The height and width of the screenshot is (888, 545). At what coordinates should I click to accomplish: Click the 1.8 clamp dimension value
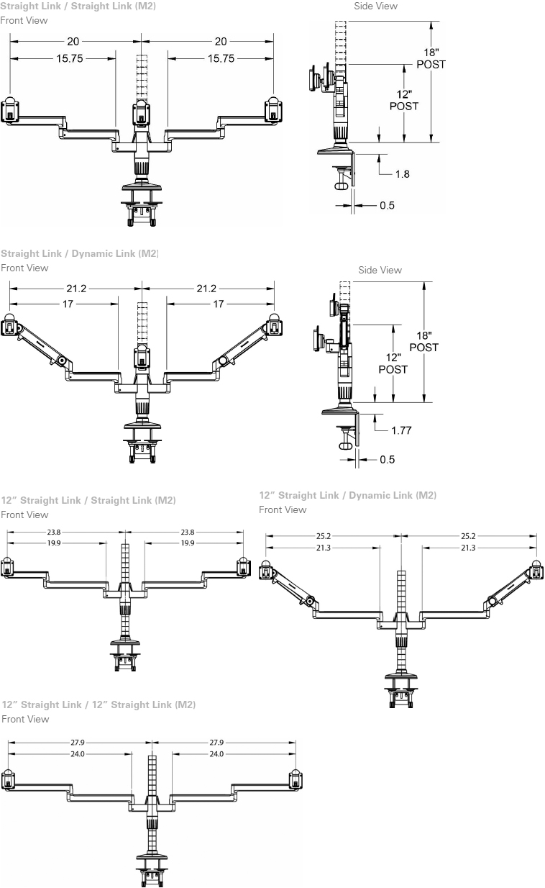pos(402,174)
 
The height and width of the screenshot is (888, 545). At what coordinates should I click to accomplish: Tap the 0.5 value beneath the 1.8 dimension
pos(387,206)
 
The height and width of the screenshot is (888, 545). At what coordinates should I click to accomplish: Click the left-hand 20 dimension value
pos(73,42)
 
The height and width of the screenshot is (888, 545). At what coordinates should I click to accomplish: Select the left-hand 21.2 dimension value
pos(75,289)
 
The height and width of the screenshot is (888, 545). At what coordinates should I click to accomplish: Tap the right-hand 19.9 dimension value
pos(189,543)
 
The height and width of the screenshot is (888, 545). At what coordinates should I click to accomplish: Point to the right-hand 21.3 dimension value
pos(467,548)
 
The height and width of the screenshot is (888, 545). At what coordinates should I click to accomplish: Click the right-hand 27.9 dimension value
pos(216,743)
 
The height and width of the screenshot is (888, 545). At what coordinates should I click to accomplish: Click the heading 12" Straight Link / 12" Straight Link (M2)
pos(99,704)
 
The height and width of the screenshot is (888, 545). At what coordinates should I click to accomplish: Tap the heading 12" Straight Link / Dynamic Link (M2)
pos(347,495)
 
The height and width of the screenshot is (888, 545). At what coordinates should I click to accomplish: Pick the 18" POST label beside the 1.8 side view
pos(431,58)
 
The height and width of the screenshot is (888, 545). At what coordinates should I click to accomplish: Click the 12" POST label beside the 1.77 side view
pos(393,363)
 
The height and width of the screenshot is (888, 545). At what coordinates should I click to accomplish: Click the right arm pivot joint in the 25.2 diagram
pos(493,601)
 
